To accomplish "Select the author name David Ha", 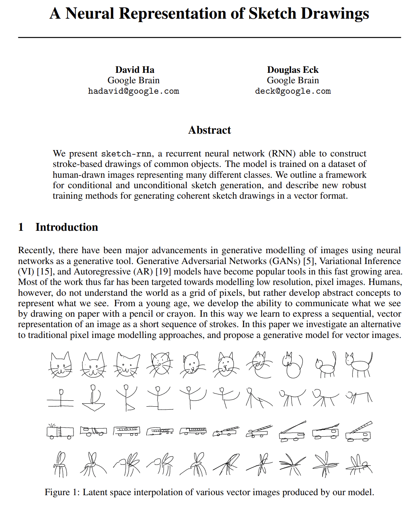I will pyautogui.click(x=135, y=70).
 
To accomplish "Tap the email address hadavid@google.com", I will pyautogui.click(x=134, y=91).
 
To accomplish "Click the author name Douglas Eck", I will pyautogui.click(x=293, y=70).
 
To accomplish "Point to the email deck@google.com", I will pyautogui.click(x=293, y=91).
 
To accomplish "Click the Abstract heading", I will pyautogui.click(x=209, y=130).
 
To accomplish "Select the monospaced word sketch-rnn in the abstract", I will pyautogui.click(x=126, y=154).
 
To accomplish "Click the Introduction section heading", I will pyautogui.click(x=67, y=227).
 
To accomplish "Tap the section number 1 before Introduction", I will pyautogui.click(x=21, y=227).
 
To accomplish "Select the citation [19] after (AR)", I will pyautogui.click(x=163, y=271).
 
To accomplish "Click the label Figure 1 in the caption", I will pyautogui.click(x=62, y=492).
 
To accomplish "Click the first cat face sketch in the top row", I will pyautogui.click(x=60, y=364).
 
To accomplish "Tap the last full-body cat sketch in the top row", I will pyautogui.click(x=358, y=364).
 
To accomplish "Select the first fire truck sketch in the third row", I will pyautogui.click(x=60, y=432).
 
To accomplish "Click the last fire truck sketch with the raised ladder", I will pyautogui.click(x=358, y=432).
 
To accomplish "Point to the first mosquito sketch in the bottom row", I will pyautogui.click(x=60, y=465).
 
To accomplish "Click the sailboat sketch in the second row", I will pyautogui.click(x=93, y=398).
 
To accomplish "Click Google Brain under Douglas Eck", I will pyautogui.click(x=293, y=80).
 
